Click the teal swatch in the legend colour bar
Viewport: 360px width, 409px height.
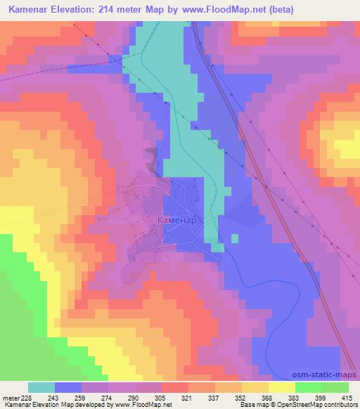coord(41,387)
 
